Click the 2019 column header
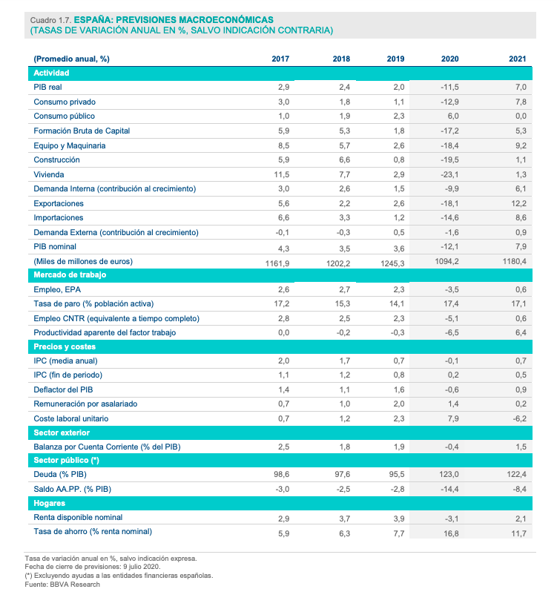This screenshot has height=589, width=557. pos(395,59)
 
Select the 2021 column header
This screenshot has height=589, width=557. pos(517,59)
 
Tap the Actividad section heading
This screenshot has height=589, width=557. pos(51,73)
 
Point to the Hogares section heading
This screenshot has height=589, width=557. pos(49,502)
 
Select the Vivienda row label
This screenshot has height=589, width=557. pos(50,174)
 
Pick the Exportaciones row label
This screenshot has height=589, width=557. pos(59,203)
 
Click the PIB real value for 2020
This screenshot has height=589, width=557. pos(449,87)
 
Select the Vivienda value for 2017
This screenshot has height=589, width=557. pos(280,174)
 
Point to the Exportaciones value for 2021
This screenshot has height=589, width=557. pos(517,203)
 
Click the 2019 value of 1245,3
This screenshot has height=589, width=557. pos(390,262)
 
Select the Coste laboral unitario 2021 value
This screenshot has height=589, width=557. pos(519,418)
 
